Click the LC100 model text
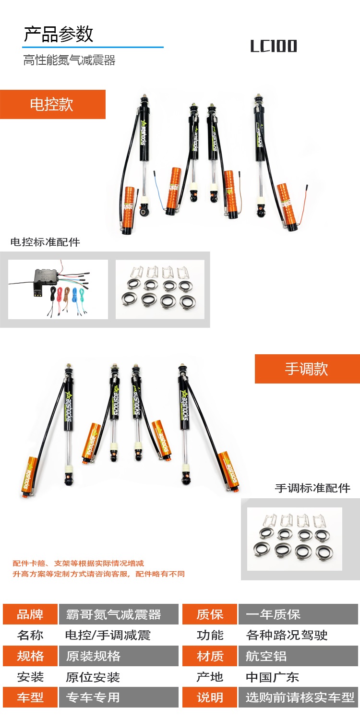point(274,46)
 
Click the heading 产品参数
point(59,34)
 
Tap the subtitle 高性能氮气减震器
point(69,60)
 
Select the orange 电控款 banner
point(53,105)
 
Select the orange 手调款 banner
point(307,369)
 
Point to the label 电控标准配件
point(45,242)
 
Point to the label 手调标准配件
point(312,488)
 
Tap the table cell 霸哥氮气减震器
point(119,614)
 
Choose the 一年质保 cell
point(298,614)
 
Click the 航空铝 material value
point(266,656)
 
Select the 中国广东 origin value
point(272,677)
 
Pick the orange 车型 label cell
point(30,697)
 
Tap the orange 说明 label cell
point(210,697)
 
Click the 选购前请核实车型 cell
point(298,697)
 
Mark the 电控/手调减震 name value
point(108,635)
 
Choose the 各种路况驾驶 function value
point(287,635)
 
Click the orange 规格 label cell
point(30,656)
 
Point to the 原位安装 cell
point(93,677)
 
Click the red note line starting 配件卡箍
point(78,563)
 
